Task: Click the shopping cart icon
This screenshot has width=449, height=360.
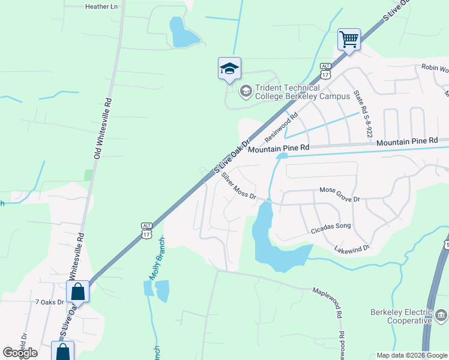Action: coord(349,40)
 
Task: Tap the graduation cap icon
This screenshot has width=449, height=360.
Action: coord(229,69)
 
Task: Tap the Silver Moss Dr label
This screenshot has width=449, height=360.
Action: coord(238,186)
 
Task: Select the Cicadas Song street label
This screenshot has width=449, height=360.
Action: coord(330,227)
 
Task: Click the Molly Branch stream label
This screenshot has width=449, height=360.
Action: coord(155,259)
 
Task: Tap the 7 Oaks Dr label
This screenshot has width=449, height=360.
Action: coord(49,302)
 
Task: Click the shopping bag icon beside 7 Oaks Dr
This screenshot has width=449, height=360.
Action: coord(78,292)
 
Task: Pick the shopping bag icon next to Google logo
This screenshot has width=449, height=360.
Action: coord(62,352)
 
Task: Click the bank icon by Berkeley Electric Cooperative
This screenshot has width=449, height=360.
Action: coord(441,315)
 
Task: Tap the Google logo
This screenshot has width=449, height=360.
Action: coord(20,353)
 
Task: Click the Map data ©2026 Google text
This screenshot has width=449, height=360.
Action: coord(412,355)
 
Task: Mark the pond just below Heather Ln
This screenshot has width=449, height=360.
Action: coord(182,35)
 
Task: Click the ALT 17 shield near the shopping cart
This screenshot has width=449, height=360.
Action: coord(325,70)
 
